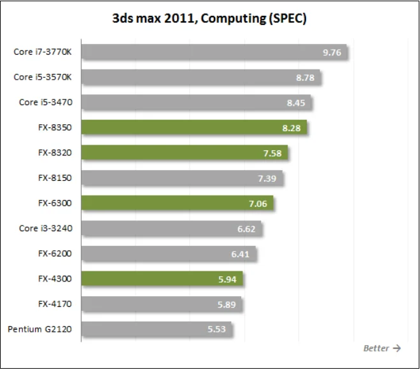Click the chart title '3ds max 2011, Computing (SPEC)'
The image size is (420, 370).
(209, 18)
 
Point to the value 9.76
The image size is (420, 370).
(332, 52)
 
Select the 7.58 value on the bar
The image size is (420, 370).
(273, 153)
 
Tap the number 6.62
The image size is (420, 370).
(246, 229)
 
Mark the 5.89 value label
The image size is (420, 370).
(227, 304)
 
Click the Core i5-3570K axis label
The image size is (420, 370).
(43, 77)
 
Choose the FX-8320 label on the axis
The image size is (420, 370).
(55, 153)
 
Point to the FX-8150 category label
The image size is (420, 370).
(55, 178)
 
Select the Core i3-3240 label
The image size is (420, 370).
(45, 229)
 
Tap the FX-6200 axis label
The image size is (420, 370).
(55, 253)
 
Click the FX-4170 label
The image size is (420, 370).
(55, 304)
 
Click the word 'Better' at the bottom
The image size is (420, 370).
(376, 348)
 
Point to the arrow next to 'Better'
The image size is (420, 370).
(397, 348)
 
